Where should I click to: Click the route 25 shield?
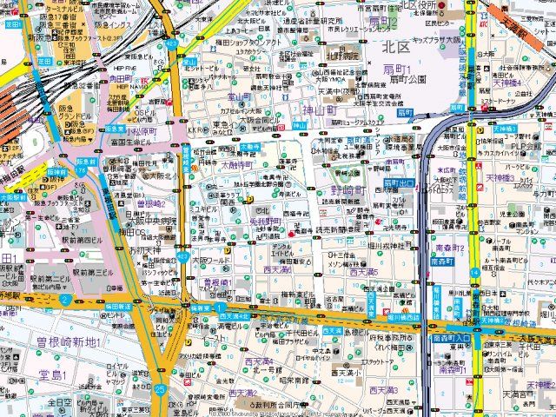click(160, 388)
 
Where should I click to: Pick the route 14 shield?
click(474, 272)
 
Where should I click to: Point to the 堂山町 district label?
click(240, 97)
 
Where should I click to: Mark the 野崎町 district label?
click(353, 189)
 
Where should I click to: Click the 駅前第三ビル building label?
click(95, 273)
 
